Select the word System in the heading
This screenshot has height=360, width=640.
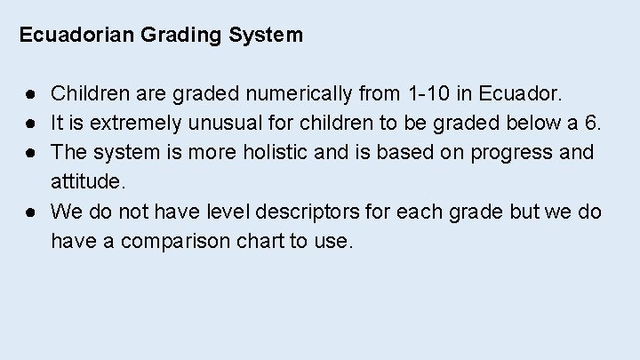(265, 36)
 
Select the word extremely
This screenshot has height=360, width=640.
(117, 123)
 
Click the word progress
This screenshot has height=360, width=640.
(513, 153)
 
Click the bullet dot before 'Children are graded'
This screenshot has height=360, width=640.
(30, 92)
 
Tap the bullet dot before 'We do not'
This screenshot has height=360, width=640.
(30, 212)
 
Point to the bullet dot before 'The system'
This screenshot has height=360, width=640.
(30, 152)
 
